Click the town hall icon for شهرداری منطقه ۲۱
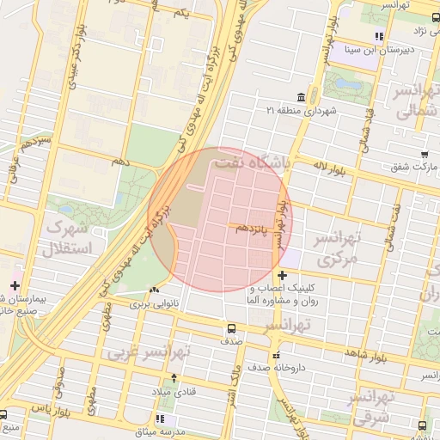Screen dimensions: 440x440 (x=300, y=96)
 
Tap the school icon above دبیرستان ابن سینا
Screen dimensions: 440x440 (x=378, y=36)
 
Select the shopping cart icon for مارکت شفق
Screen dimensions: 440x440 (x=424, y=154)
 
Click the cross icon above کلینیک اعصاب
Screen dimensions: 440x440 (x=282, y=275)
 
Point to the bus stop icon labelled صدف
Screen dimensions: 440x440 (x=230, y=328)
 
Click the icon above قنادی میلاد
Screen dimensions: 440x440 (x=174, y=378)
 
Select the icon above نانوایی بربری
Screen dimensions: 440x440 (x=155, y=290)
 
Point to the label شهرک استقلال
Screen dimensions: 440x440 (x=66, y=240)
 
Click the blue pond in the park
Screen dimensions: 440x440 (x=349, y=86)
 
